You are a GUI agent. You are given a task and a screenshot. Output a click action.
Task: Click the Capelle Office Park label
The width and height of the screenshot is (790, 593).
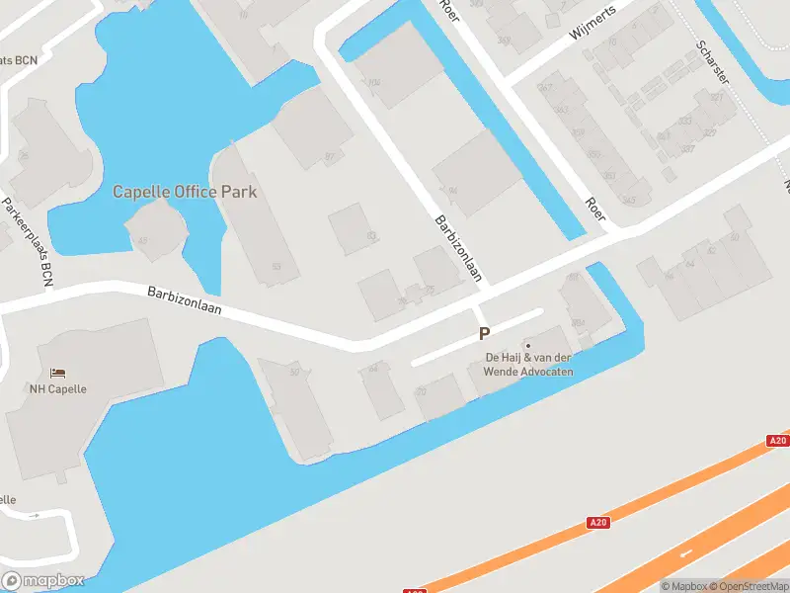click(185, 192)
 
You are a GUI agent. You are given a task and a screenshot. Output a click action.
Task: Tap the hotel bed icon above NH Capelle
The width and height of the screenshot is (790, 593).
click(58, 374)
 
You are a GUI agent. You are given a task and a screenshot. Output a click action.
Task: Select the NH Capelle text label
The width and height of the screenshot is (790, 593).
click(57, 388)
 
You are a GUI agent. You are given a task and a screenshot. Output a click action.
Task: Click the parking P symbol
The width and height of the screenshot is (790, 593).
click(484, 334)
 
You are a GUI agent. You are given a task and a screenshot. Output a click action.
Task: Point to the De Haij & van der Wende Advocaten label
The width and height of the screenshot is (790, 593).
click(528, 364)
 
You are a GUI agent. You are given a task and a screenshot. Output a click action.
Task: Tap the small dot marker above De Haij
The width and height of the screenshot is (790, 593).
click(528, 346)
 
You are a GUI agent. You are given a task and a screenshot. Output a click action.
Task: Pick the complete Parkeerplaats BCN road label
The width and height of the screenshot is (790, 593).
click(26, 243)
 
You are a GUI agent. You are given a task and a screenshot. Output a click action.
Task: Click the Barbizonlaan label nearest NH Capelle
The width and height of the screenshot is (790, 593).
click(185, 300)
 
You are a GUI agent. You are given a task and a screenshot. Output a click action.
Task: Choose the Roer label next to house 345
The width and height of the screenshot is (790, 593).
click(595, 208)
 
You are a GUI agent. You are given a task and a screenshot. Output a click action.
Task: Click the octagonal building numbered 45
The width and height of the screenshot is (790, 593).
click(143, 241)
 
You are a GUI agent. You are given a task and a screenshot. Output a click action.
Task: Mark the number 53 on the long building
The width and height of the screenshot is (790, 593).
click(276, 267)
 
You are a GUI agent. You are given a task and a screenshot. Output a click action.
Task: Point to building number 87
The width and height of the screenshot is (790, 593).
click(330, 156)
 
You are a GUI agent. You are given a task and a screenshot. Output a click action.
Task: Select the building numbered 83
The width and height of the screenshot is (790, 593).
click(371, 235)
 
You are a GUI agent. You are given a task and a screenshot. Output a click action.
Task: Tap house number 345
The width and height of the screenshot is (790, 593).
click(628, 201)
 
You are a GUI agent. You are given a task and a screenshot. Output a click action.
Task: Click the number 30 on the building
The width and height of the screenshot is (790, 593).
click(294, 372)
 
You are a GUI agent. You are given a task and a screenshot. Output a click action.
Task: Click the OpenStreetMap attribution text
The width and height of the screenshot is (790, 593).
click(748, 586)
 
